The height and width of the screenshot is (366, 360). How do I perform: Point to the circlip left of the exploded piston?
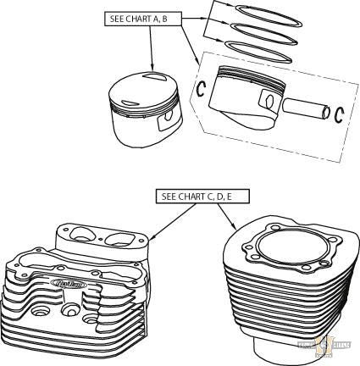tap(202, 87)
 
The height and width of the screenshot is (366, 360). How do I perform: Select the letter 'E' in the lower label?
tap(227, 197)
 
